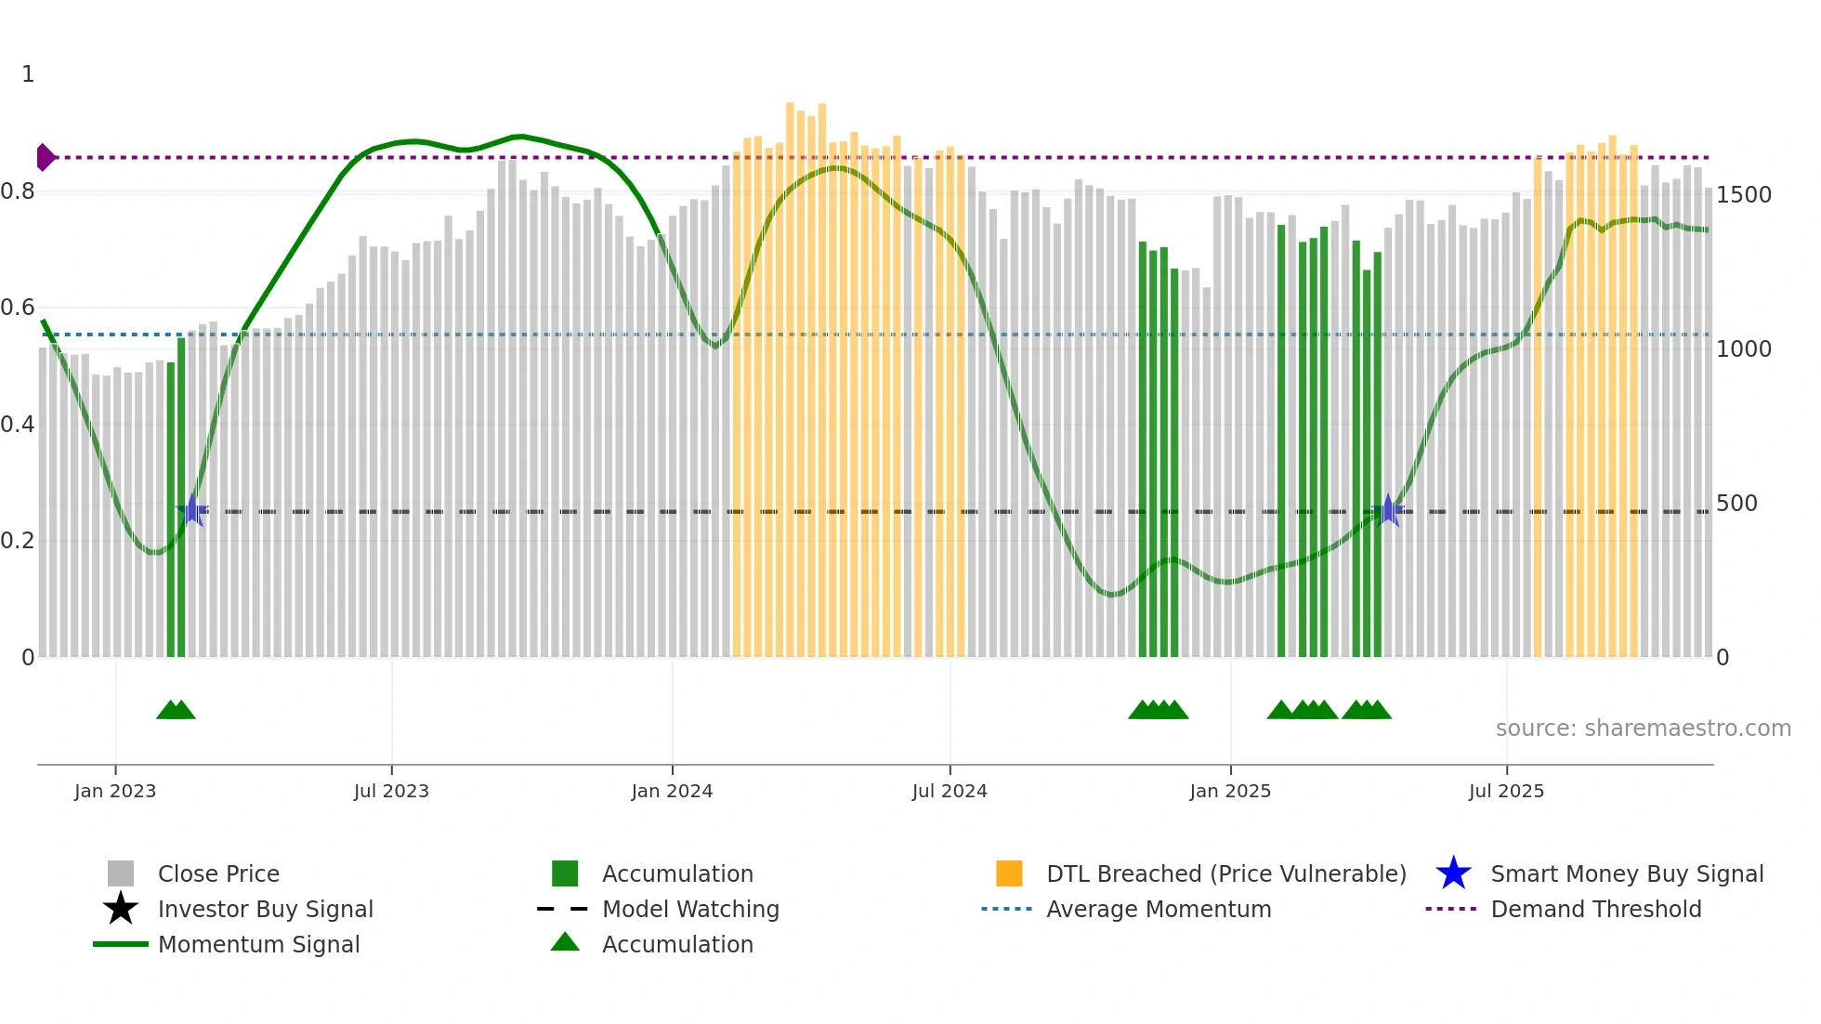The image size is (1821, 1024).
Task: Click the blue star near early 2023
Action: (192, 510)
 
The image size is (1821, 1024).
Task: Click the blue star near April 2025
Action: (1388, 510)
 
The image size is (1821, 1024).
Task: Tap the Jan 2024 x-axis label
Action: (672, 792)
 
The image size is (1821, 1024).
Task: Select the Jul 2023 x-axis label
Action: (391, 792)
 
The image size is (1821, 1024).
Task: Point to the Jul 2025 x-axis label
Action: (1506, 792)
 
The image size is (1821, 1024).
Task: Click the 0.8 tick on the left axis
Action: (18, 191)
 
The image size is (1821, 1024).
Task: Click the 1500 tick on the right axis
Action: (1743, 195)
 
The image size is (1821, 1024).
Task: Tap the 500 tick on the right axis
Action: (1736, 504)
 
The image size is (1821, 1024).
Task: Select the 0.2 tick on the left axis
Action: (18, 541)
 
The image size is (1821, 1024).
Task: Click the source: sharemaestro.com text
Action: (1643, 729)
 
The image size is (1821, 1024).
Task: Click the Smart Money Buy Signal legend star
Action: (1453, 873)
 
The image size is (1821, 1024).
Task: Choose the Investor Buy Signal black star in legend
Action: (121, 909)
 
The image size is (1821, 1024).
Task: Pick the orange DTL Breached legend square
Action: (1009, 873)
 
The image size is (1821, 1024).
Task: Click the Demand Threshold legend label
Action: (1595, 909)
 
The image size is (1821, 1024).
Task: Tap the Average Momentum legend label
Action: (1158, 909)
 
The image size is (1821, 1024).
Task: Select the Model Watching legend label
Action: (690, 909)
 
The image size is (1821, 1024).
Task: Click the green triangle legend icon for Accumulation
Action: (565, 942)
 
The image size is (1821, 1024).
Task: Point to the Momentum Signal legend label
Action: (258, 944)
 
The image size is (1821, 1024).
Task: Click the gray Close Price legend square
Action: (121, 873)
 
